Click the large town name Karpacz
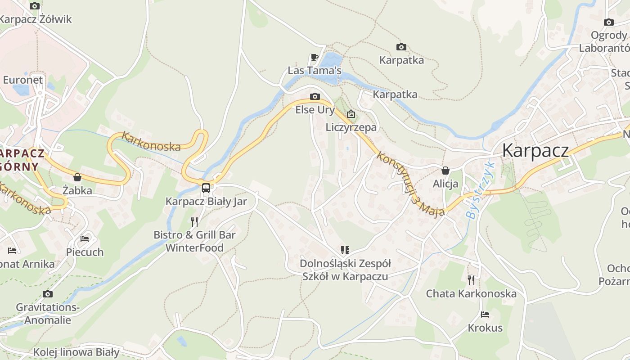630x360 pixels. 535,150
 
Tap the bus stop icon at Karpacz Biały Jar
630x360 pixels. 206,188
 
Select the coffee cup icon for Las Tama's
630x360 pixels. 315,57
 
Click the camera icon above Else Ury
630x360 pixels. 315,96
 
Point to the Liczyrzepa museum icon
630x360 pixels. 351,114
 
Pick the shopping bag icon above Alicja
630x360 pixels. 445,171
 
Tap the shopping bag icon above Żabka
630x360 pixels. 77,177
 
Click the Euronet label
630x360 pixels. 23,80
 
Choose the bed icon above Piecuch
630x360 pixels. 85,238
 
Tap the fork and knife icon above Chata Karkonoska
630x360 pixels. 471,280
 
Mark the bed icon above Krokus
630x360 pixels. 485,314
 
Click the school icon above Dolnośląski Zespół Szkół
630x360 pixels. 345,250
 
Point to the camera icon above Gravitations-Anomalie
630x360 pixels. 48,294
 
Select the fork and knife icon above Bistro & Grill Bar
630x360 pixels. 194,221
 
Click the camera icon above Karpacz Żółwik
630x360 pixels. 35,6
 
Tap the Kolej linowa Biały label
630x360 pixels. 76,352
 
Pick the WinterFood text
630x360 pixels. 194,248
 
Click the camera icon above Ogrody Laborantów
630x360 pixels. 609,22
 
